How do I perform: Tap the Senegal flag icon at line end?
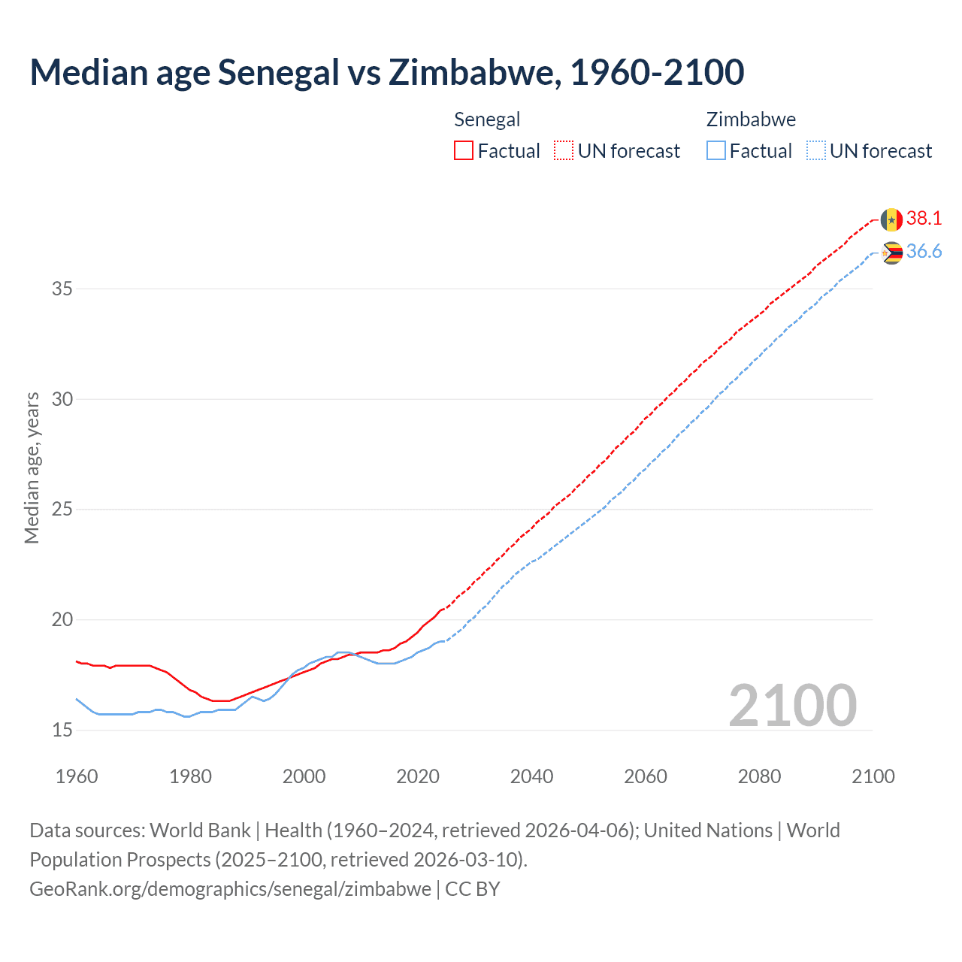891,219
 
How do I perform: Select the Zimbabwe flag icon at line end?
891,253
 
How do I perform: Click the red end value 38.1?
924,218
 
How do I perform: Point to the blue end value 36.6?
924,251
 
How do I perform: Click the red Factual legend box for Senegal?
464,151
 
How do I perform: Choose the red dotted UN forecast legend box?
564,151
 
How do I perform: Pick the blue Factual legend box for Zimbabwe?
716,151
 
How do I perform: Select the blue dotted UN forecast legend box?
815,151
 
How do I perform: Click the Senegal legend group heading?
487,119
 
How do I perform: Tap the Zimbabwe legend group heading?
751,119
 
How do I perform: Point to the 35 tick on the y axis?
62,289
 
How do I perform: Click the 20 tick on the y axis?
62,620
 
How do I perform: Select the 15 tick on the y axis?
62,730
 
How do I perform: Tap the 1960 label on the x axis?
77,776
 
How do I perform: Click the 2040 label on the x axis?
531,776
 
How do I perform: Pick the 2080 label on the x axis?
759,776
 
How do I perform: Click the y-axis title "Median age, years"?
32,467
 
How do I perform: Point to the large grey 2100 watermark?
792,706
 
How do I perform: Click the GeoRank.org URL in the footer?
230,888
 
